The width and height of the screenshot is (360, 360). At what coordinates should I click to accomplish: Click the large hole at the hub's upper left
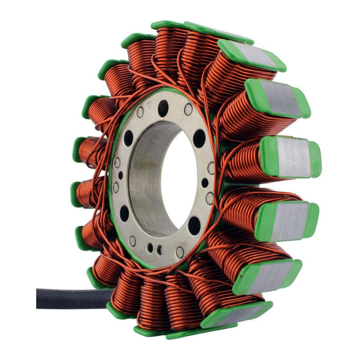tap(128, 138)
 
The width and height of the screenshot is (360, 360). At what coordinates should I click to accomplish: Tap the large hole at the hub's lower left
tap(124, 214)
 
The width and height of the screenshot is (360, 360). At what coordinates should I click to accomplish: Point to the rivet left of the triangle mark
tap(140, 112)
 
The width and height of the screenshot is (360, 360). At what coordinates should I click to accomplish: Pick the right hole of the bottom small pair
tap(160, 250)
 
